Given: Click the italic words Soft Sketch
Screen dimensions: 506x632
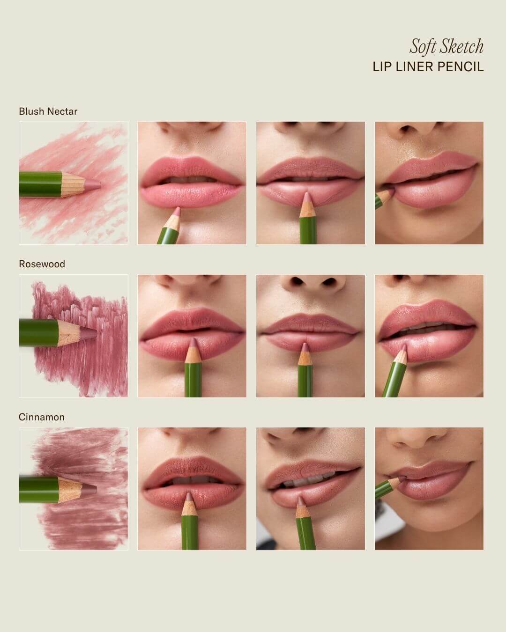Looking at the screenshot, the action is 446,47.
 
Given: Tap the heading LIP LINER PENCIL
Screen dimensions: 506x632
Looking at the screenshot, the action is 428,67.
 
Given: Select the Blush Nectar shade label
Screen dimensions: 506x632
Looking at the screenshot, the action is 48,111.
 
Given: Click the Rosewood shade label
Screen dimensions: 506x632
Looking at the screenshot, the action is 42,264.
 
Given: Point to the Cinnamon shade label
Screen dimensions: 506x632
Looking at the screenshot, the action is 41,417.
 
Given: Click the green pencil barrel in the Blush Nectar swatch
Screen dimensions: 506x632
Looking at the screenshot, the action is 41,184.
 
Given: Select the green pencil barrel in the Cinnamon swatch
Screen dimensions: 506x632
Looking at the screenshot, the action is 38,490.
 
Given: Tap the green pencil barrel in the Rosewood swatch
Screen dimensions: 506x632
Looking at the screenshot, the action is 38,333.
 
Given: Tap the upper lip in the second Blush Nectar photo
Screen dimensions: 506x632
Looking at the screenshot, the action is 191,168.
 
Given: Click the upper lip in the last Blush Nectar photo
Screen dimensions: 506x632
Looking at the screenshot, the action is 430,168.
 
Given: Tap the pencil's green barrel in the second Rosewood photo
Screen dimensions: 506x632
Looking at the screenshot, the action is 193,380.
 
